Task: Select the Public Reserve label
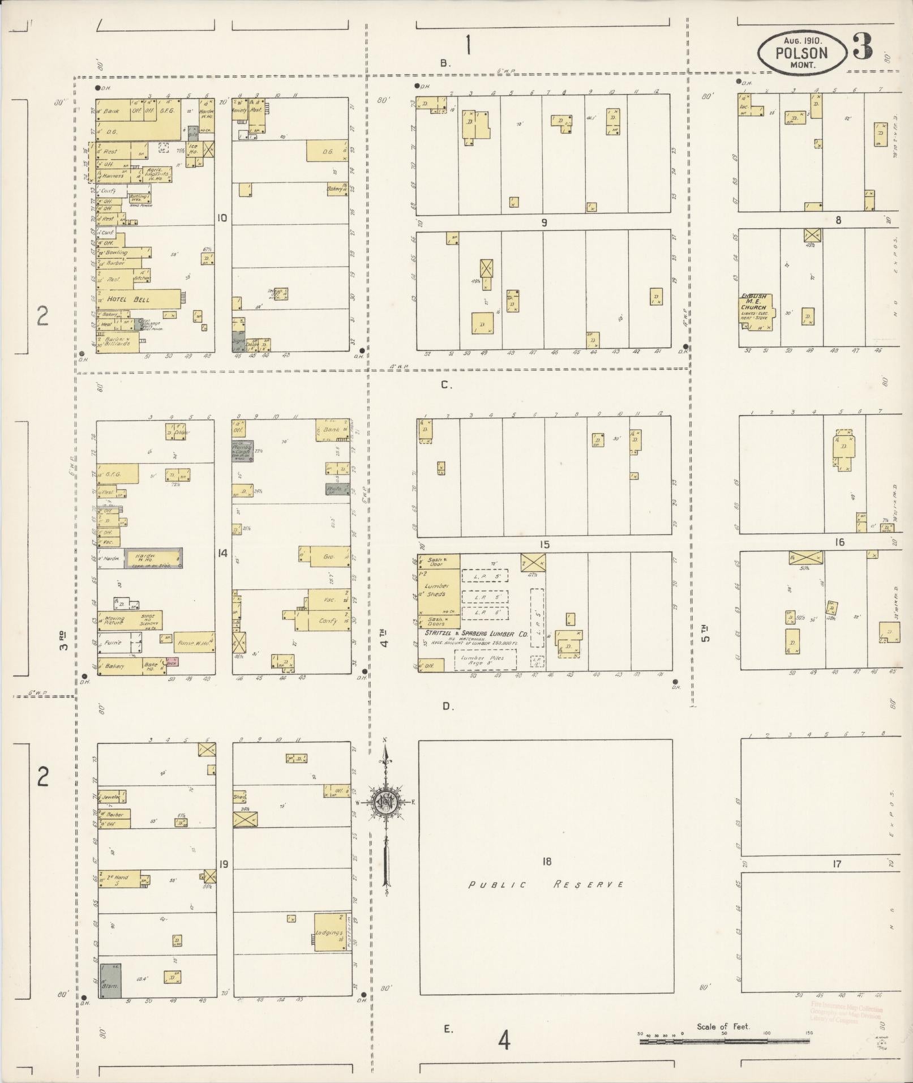pos(546,884)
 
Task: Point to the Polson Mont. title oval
pos(801,53)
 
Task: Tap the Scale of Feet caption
pos(723,1026)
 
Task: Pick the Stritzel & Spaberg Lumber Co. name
pos(476,634)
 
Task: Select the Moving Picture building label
pos(115,620)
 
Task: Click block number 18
pos(546,862)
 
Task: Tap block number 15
pos(545,545)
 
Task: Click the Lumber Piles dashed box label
pos(483,660)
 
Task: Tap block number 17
pos(837,864)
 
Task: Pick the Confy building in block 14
pos(328,620)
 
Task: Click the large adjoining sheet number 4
pos(504,1040)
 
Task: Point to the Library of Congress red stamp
pos(846,1013)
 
